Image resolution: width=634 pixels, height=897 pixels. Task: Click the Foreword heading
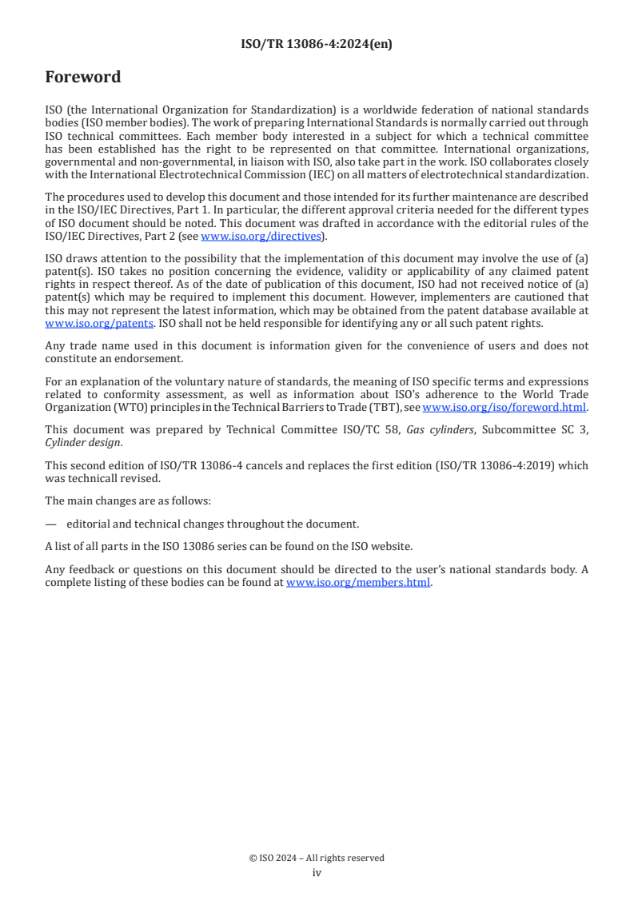tap(83, 78)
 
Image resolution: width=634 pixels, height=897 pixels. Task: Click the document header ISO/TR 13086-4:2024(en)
tap(317, 45)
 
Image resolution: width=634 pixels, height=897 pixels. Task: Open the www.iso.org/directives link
tap(261, 237)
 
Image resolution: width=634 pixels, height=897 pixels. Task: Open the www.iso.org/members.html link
tap(358, 582)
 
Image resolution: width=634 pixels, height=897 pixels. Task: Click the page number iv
tap(317, 873)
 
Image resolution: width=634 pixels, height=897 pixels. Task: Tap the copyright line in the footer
tap(317, 858)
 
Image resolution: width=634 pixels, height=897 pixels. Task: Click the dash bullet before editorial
tap(51, 524)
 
